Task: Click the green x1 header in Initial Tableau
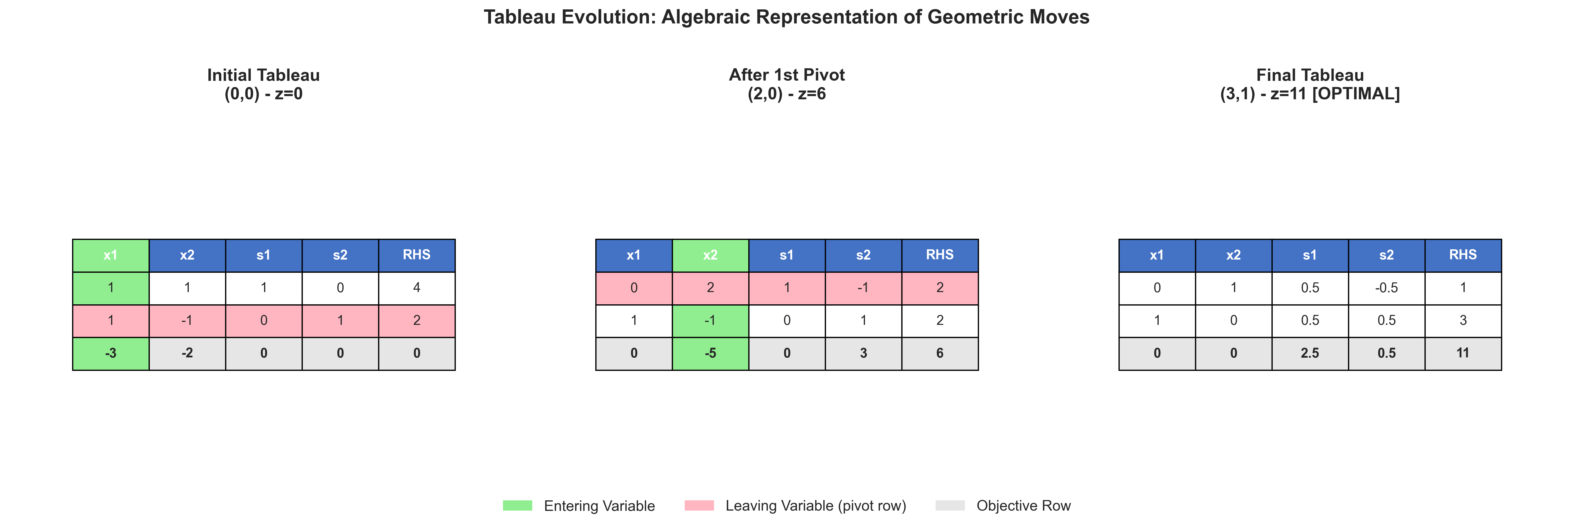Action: point(111,255)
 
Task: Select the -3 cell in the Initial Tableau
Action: point(111,354)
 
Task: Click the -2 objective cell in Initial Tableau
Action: point(187,354)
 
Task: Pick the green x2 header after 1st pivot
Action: point(710,255)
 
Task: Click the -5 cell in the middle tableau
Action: point(710,354)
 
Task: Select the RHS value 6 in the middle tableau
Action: point(940,354)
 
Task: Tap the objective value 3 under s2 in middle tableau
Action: point(864,354)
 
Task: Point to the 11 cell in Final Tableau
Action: point(1463,354)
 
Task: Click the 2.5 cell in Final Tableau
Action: point(1310,354)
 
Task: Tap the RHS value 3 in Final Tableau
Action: point(1463,320)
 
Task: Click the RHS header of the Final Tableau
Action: point(1463,255)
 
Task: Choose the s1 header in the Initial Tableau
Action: point(263,255)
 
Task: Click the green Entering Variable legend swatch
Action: point(518,506)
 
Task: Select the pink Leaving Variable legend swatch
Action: point(699,506)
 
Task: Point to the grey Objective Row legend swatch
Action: point(950,506)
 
